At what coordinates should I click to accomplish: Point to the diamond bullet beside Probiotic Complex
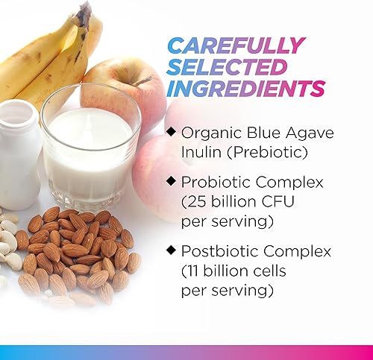point(172,181)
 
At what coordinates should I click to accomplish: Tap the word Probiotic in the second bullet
point(213,182)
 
